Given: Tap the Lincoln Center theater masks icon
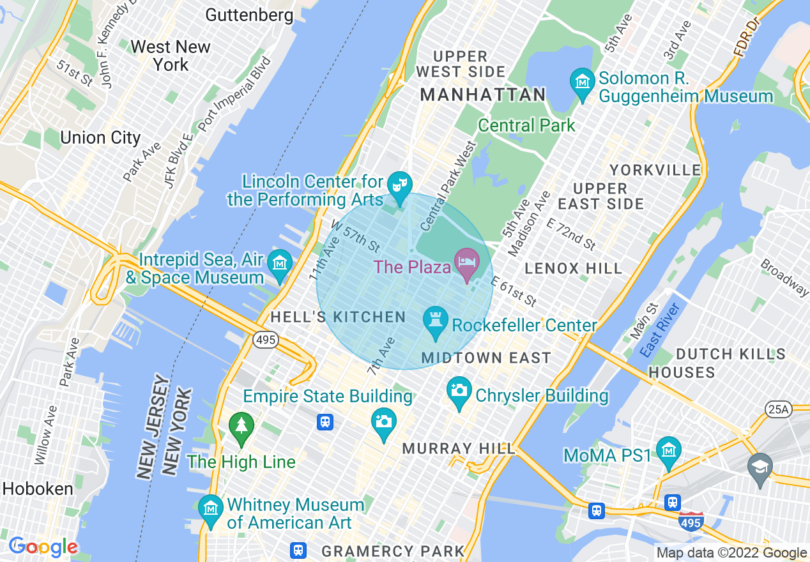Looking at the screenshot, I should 400,186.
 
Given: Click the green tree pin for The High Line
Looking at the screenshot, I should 241,426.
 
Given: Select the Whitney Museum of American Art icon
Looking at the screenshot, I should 210,509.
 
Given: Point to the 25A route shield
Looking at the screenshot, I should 777,409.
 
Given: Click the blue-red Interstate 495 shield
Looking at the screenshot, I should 691,522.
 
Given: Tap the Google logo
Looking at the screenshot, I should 43,547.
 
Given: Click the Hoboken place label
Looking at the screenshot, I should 38,489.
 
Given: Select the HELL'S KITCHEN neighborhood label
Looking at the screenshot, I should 338,317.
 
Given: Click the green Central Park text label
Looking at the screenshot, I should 527,126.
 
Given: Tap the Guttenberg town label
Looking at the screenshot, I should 250,15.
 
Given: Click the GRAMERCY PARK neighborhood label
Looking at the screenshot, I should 393,551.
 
